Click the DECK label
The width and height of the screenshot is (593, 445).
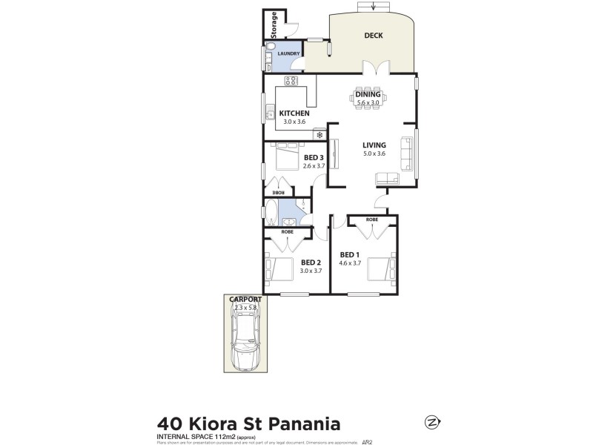click(x=372, y=36)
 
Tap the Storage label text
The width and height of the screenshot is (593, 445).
click(x=274, y=24)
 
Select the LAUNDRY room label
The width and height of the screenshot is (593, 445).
click(x=288, y=53)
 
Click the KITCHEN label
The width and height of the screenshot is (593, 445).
click(x=294, y=113)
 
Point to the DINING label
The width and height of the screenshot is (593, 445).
click(x=368, y=94)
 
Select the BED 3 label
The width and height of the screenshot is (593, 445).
click(x=314, y=158)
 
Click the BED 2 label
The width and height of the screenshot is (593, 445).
click(x=311, y=262)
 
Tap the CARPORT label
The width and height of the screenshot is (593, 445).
click(x=244, y=300)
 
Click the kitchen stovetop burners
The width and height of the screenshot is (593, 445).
click(x=291, y=82)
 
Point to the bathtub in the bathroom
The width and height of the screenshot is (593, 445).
click(x=271, y=214)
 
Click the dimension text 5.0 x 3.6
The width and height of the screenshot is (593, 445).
click(x=374, y=154)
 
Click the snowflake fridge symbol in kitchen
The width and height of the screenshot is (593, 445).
click(x=319, y=135)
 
